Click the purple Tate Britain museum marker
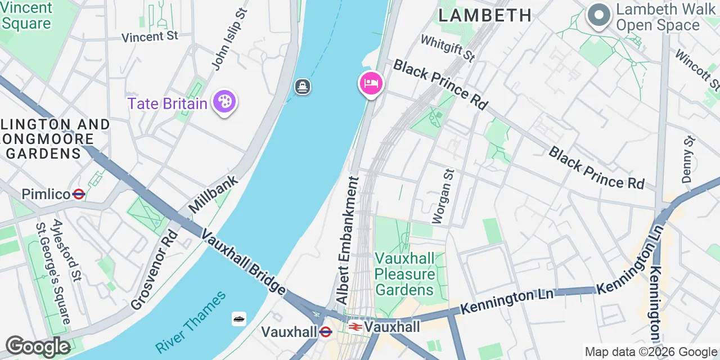224,102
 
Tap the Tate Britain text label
168,104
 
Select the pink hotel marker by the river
371,84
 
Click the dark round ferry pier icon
303,87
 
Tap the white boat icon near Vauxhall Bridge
239,319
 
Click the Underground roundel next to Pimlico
79,194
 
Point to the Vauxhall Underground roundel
325,332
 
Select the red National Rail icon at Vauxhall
355,327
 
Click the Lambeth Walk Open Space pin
599,15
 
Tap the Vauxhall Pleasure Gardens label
405,274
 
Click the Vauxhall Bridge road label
244,262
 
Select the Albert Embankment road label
348,241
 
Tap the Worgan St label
442,196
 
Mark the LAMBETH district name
485,15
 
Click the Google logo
38,346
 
